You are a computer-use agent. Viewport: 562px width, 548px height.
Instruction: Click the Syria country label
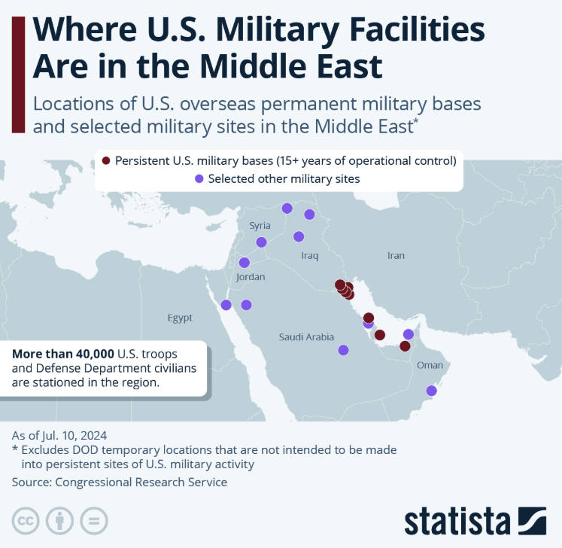point(260,225)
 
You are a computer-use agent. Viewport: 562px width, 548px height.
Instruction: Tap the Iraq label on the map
point(309,256)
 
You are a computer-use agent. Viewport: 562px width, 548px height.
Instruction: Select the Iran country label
point(396,255)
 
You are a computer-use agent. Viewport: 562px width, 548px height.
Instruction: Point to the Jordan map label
point(251,277)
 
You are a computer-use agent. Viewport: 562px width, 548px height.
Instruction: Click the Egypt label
point(180,318)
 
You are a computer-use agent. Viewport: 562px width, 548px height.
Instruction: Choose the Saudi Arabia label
point(306,337)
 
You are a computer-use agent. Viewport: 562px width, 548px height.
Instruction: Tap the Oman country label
point(430,365)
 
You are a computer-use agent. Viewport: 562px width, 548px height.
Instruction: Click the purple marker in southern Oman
point(431,391)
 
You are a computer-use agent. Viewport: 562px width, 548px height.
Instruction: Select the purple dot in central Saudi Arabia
point(343,349)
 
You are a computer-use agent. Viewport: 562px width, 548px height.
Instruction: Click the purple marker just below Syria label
point(261,242)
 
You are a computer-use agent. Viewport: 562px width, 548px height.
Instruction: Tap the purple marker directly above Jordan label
point(244,262)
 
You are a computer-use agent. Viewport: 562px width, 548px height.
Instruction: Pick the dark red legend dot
point(106,160)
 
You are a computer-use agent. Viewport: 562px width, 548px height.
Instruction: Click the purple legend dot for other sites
point(199,178)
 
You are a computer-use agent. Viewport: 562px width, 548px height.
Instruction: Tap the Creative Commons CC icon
point(26,520)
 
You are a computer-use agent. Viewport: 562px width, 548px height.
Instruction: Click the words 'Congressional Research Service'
point(142,482)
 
